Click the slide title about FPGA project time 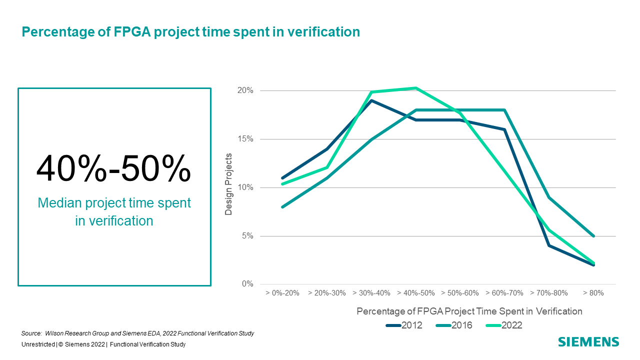pyautogui.click(x=190, y=32)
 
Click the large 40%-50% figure pyautogui.click(x=113, y=168)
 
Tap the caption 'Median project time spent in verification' pyautogui.click(x=114, y=212)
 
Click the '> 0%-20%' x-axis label pyautogui.click(x=282, y=293)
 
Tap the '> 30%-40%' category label pyautogui.click(x=371, y=293)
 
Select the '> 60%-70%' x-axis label pyautogui.click(x=504, y=293)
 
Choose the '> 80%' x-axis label pyautogui.click(x=593, y=293)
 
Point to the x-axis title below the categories pyautogui.click(x=469, y=311)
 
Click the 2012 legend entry pyautogui.click(x=404, y=325)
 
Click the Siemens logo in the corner pyautogui.click(x=588, y=342)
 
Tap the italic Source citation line pyautogui.click(x=138, y=333)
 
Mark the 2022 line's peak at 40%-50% pyautogui.click(x=415, y=88)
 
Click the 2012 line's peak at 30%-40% pyautogui.click(x=371, y=100)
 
